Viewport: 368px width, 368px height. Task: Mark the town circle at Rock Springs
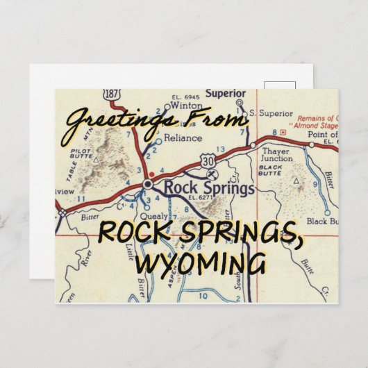tap(147, 183)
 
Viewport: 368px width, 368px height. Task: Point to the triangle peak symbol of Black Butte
tap(297, 183)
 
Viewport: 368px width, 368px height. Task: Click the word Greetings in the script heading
tap(111, 126)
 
